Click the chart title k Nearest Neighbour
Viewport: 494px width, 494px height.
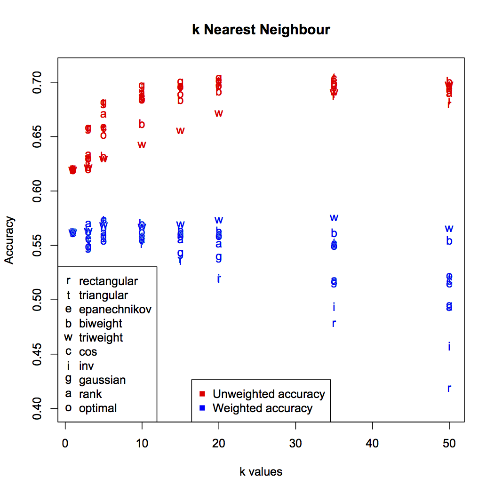(x=261, y=30)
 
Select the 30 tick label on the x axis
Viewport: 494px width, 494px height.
(x=295, y=443)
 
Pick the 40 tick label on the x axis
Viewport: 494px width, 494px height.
(x=373, y=443)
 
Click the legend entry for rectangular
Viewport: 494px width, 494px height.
(x=108, y=281)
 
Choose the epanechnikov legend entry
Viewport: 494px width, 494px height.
(x=115, y=310)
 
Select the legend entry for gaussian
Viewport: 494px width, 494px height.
(x=102, y=380)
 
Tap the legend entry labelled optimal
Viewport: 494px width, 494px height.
(x=98, y=408)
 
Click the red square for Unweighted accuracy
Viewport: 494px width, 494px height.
(x=202, y=393)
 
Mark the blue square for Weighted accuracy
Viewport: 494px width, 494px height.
(x=202, y=408)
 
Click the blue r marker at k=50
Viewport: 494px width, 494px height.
(x=449, y=389)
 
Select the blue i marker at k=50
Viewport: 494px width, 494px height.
(x=449, y=347)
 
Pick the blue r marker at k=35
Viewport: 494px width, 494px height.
(x=334, y=323)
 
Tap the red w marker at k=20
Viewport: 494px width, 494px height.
(x=219, y=113)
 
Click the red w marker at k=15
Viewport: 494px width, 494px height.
(x=180, y=131)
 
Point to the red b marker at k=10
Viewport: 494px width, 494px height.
(x=142, y=124)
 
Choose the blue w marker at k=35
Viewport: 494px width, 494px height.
(x=334, y=218)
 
